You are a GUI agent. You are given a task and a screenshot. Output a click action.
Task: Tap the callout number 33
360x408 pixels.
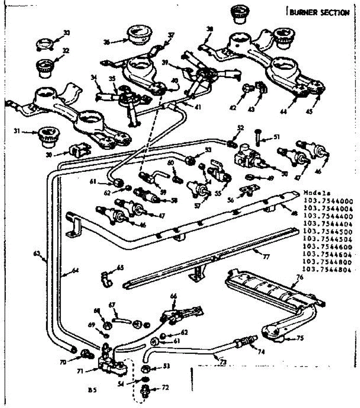pos(66,33)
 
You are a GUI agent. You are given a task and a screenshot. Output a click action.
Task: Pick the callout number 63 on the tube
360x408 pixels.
pos(37,253)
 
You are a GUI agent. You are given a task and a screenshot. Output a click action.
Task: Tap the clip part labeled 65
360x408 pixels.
pos(106,279)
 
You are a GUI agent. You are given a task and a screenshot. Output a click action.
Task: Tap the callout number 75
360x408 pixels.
pos(300,338)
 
